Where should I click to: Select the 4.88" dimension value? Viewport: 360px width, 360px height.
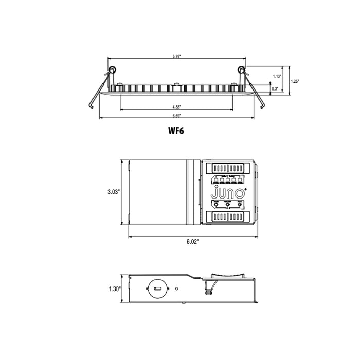pyautogui.click(x=176, y=106)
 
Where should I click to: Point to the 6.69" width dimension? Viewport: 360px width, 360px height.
pyautogui.click(x=176, y=115)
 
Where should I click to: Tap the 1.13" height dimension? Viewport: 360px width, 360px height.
pyautogui.click(x=277, y=76)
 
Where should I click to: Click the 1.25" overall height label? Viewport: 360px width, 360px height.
pyautogui.click(x=295, y=81)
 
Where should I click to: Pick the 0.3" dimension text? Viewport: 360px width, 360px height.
pyautogui.click(x=276, y=88)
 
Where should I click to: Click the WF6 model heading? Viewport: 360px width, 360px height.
pyautogui.click(x=176, y=131)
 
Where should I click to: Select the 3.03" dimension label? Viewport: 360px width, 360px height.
pyautogui.click(x=113, y=191)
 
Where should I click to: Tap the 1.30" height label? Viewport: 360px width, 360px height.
pyautogui.click(x=114, y=289)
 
